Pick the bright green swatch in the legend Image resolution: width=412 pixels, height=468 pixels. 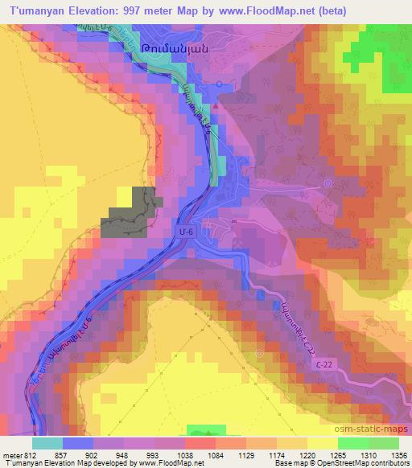point(352,442)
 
